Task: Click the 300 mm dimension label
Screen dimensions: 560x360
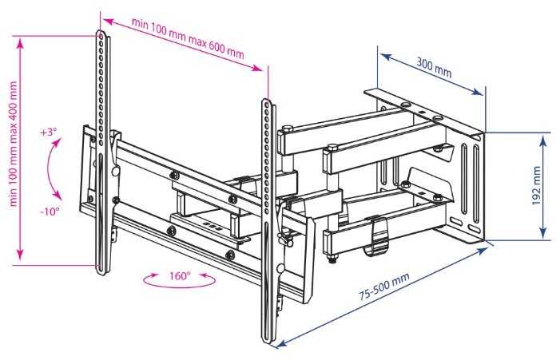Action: coord(434,67)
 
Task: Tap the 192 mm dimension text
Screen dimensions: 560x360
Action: coord(536,185)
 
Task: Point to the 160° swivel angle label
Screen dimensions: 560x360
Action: coord(180,276)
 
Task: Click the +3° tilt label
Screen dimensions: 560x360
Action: coord(49,133)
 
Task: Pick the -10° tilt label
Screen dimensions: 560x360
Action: coord(50,212)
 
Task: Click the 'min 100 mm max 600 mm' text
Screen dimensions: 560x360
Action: coord(189,38)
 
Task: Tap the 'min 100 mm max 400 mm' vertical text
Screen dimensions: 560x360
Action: coord(14,144)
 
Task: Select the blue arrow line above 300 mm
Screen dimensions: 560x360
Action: coord(431,74)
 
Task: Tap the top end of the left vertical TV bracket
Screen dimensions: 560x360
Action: coord(101,32)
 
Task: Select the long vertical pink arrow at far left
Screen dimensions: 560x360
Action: coord(20,149)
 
